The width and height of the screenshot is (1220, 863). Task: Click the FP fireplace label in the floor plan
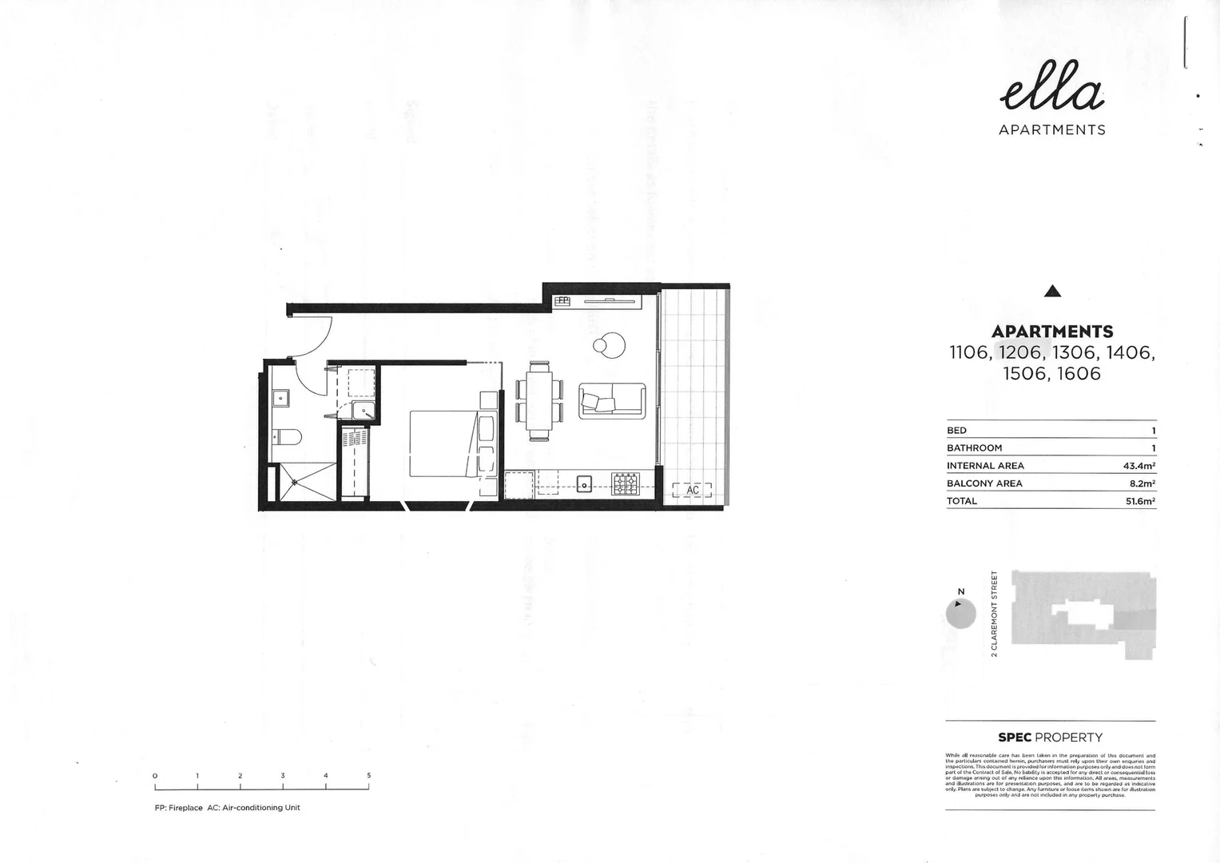pos(562,300)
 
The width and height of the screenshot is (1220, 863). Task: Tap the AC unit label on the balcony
pos(692,490)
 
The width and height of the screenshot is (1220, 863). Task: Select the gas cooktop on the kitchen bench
pos(626,483)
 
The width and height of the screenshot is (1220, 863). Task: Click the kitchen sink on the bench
pos(584,483)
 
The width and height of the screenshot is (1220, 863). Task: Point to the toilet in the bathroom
pos(286,436)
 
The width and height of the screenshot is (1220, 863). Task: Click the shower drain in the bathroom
pos(295,481)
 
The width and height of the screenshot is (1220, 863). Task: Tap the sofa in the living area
pos(612,400)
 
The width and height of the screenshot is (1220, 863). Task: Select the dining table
pos(539,400)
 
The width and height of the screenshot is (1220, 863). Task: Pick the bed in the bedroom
pos(443,443)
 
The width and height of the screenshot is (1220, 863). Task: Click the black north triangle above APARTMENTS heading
pos(1052,292)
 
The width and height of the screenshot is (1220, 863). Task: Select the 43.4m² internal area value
pos(1139,466)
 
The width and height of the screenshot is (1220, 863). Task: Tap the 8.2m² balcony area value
pos(1141,483)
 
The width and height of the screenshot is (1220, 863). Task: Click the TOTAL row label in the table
pos(962,501)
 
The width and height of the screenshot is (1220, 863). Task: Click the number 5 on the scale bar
pos(368,775)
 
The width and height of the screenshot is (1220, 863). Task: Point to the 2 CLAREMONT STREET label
pos(995,614)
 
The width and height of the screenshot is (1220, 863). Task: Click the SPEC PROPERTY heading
pos(1050,738)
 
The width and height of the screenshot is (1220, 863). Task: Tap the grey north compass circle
pos(960,614)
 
